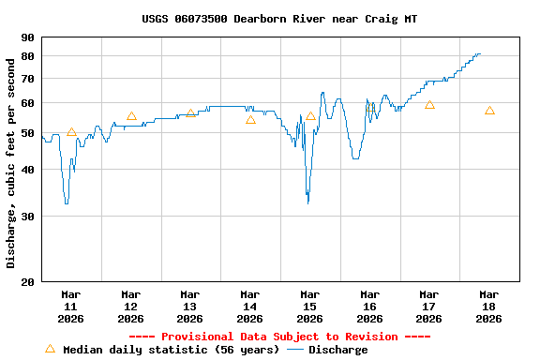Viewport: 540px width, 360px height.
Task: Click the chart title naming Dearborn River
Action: (279, 18)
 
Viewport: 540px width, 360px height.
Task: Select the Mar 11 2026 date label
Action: (71, 306)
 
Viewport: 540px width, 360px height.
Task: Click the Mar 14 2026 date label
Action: (250, 306)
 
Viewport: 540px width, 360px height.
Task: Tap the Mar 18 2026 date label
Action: (488, 306)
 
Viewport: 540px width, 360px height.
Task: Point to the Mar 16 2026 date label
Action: (369, 306)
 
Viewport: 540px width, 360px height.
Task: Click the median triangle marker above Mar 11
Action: (71, 132)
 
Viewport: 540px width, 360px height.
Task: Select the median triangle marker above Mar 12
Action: (131, 116)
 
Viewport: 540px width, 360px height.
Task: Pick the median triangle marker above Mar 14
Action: (250, 119)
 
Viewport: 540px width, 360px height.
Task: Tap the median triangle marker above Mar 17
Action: (429, 105)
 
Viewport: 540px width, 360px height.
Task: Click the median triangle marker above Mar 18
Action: (489, 111)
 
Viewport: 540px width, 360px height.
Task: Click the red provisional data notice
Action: (279, 337)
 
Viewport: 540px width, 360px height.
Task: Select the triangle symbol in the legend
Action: (51, 348)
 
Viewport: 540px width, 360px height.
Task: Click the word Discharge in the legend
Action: (338, 350)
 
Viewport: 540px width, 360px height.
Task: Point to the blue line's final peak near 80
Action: (478, 54)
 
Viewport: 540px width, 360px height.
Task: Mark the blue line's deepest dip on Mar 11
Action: (66, 202)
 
